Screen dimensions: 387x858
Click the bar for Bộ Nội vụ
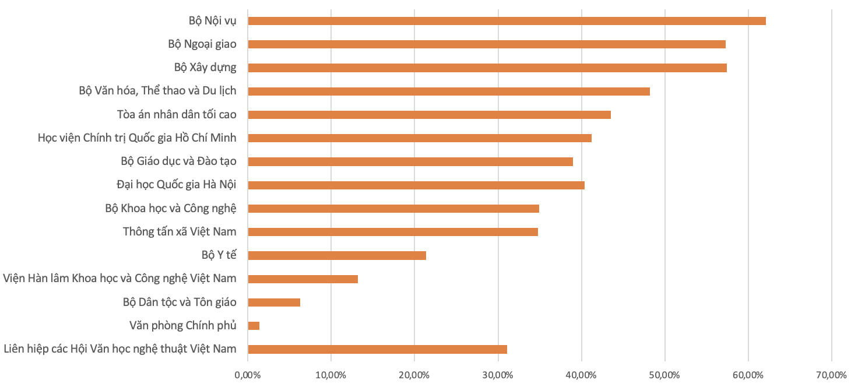[x=507, y=21]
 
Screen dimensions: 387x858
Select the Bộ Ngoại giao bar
[x=487, y=44]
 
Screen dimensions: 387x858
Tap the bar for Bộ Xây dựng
[x=487, y=68]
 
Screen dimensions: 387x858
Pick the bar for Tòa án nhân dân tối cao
[x=429, y=115]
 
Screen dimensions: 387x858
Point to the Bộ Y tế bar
[x=337, y=255]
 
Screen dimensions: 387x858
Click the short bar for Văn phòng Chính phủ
[x=254, y=326]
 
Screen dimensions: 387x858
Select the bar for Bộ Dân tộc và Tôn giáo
[x=274, y=302]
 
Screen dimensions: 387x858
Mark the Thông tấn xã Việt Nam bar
[x=393, y=232]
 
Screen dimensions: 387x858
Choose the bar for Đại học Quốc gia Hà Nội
[x=416, y=185]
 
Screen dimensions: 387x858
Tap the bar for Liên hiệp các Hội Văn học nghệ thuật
[x=377, y=349]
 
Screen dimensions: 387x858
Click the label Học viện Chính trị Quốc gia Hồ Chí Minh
[x=137, y=138]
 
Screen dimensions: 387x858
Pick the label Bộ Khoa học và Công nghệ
[x=171, y=208]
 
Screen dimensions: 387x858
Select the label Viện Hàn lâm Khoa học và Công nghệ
[x=119, y=279]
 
